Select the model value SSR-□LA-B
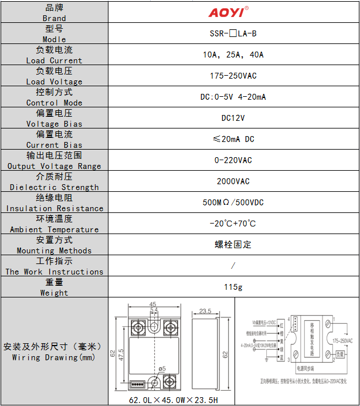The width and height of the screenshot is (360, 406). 233,33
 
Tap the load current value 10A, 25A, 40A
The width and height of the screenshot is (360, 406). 233,55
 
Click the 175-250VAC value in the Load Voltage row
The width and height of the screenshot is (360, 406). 233,76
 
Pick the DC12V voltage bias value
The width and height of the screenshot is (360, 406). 233,118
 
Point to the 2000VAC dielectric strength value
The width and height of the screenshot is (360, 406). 233,181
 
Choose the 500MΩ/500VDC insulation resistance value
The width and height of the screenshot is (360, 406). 233,202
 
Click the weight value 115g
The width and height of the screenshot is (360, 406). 233,287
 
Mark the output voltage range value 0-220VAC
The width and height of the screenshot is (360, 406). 233,160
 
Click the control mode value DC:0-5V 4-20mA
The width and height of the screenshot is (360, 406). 233,97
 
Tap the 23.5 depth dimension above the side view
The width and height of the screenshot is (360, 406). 205,311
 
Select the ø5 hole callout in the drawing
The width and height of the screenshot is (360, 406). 162,369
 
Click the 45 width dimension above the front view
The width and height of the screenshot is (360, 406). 152,304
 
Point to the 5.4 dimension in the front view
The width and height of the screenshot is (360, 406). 154,310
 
